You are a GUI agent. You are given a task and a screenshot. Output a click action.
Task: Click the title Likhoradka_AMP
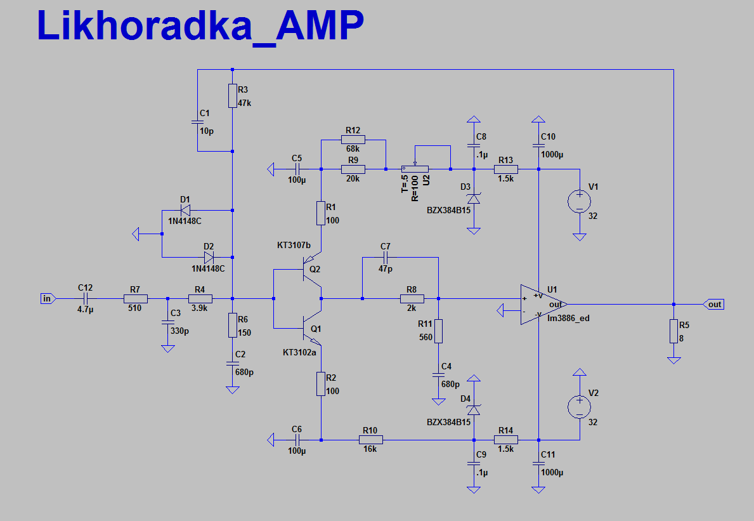200,27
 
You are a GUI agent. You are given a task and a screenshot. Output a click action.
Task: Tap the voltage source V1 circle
579,201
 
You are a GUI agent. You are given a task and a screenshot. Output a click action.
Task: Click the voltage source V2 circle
579,407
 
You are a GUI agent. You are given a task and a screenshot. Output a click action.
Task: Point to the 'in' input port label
48,298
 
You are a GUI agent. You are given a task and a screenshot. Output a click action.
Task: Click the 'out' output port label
714,305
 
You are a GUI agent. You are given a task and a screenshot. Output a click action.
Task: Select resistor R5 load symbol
673,331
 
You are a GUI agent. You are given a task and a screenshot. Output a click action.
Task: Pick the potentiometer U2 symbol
415,169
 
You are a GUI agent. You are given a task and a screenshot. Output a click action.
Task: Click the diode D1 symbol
185,211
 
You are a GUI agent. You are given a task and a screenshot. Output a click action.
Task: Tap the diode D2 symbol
209,257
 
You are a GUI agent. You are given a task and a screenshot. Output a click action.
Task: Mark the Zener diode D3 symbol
474,199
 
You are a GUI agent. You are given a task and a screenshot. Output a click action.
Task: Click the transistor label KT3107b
294,245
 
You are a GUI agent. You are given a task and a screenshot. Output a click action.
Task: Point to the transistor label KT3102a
299,352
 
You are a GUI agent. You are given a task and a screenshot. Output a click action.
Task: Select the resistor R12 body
353,140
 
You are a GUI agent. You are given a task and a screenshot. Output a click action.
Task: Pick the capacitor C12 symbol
85,298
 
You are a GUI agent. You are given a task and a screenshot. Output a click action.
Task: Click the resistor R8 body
412,298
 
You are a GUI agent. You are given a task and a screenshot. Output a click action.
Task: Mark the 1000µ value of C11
553,473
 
